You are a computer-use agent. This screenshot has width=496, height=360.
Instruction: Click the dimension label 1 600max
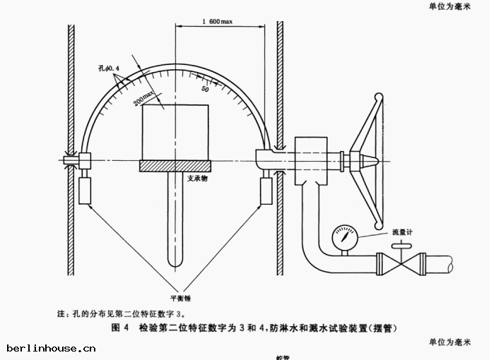216,22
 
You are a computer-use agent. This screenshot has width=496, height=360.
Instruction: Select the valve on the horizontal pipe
401,265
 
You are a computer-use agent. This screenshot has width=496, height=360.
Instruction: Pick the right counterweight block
266,191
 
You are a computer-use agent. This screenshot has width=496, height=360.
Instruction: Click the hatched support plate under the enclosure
175,166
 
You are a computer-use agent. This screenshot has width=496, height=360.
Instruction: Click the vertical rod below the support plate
175,219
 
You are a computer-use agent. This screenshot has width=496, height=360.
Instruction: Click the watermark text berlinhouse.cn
51,348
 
